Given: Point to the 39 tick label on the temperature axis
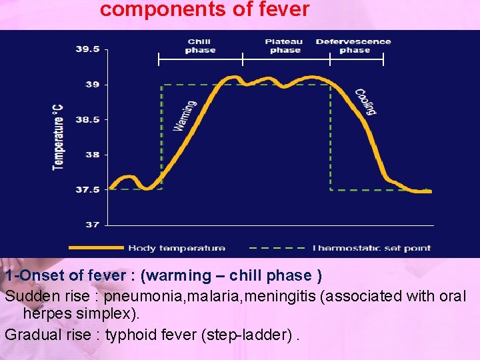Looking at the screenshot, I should tap(92, 85).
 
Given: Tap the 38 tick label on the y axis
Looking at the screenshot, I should tap(92, 155).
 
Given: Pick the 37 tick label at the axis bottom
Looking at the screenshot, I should tap(92, 225).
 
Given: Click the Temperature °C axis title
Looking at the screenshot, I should tap(59, 136).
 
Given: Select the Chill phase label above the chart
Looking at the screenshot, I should tap(200, 46).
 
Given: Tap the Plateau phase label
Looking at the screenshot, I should tap(284, 46).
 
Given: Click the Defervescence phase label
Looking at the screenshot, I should tap(353, 46).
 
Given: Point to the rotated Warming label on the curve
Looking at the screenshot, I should tap(185, 115).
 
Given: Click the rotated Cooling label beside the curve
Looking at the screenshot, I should tap(365, 102).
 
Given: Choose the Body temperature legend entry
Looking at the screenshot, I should tap(177, 248).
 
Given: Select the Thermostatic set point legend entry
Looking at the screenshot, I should tap(371, 248).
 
